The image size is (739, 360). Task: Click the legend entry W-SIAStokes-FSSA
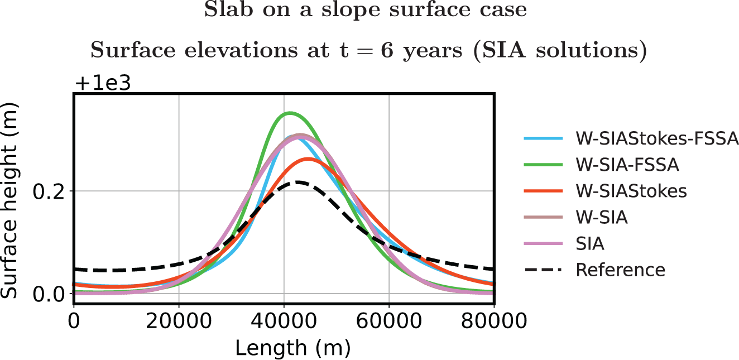tap(657, 138)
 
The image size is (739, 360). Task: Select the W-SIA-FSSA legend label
tap(627, 165)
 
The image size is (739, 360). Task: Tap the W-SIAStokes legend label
tap(631, 191)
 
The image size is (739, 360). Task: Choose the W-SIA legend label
tap(602, 218)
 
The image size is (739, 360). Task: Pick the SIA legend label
tap(590, 244)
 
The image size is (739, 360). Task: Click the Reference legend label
tap(621, 270)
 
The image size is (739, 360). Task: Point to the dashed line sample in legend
tap(543, 270)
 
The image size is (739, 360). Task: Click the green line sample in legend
tap(543, 164)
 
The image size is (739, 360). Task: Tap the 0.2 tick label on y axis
tap(48, 191)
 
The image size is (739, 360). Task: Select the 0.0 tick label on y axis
tap(48, 294)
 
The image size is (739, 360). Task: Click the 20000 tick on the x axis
tap(179, 320)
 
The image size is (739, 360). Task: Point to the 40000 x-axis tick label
tap(284, 320)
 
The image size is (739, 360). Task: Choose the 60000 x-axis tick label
tap(389, 320)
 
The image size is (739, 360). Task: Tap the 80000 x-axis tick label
tap(494, 320)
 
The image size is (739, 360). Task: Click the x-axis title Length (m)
tap(292, 348)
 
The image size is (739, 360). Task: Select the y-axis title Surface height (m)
tap(9, 200)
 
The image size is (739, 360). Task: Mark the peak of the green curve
tap(290, 113)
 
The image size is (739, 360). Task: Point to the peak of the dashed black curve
tap(297, 182)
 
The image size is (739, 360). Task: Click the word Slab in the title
tap(229, 9)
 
